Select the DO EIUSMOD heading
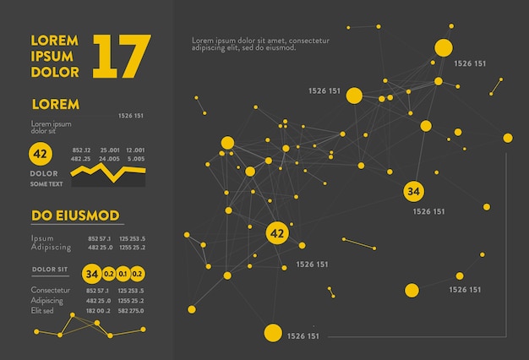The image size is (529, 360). pos(75,215)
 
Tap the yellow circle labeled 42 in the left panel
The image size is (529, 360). pos(40,154)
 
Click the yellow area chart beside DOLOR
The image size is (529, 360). pos(108,175)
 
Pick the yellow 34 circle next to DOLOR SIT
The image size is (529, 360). pos(91,274)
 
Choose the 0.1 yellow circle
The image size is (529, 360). pos(123,274)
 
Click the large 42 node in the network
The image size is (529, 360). pos(276,232)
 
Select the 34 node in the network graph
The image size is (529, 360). pos(413,191)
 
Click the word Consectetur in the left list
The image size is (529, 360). pos(47,291)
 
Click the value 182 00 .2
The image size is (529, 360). pos(98,310)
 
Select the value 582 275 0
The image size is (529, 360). pos(131,310)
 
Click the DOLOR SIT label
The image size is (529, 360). pos(50,269)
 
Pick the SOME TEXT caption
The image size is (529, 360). pos(46,183)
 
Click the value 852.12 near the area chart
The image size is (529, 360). pos(81,150)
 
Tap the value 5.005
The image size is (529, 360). pos(135,159)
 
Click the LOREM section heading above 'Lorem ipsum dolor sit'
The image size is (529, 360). pos(55,105)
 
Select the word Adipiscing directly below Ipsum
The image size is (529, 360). pos(51,247)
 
